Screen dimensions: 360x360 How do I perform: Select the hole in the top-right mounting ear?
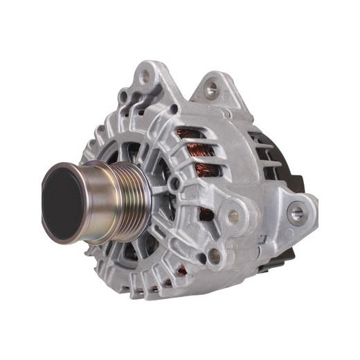coord(212,88)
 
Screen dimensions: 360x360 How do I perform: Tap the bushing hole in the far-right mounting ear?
coord(296,213)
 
